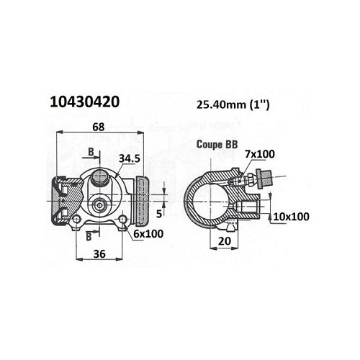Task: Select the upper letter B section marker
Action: (x=91, y=152)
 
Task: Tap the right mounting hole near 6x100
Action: (x=123, y=220)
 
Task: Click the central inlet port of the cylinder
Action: (x=99, y=204)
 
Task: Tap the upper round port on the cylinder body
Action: (x=100, y=176)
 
